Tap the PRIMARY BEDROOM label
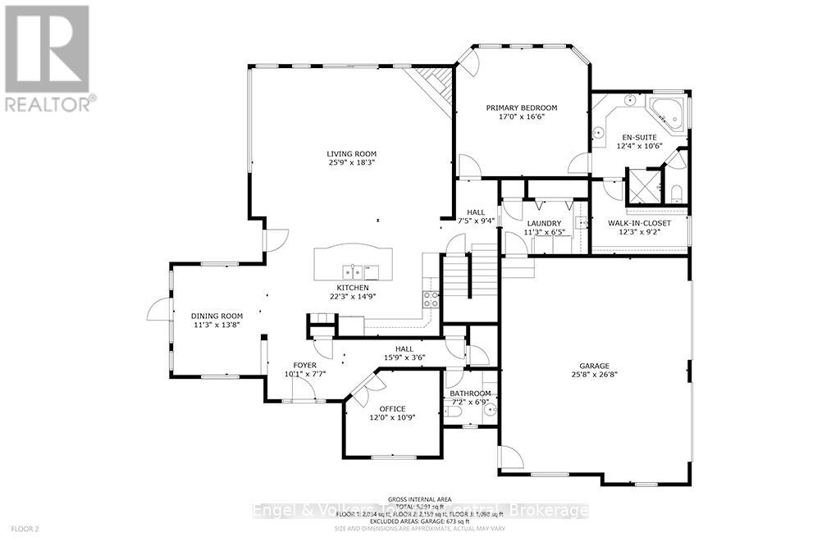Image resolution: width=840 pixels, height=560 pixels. (x=521, y=107)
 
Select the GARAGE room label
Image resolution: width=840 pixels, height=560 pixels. (x=593, y=367)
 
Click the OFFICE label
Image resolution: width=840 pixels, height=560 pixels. (x=392, y=408)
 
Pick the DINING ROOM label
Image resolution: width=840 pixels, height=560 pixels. (x=217, y=316)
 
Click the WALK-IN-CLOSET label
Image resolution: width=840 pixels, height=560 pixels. (x=639, y=223)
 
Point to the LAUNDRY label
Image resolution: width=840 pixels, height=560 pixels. (x=544, y=223)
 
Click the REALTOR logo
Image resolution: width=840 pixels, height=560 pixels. (x=48, y=57)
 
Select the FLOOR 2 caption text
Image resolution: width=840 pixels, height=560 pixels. (x=25, y=529)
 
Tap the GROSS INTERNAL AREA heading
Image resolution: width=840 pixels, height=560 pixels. (x=419, y=498)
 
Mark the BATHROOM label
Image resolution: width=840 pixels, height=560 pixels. (x=470, y=394)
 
